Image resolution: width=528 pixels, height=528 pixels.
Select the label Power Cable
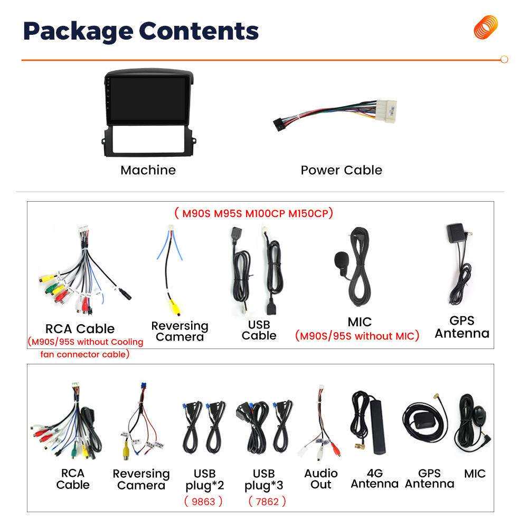click(x=341, y=170)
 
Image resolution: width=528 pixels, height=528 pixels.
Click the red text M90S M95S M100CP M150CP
click(x=253, y=213)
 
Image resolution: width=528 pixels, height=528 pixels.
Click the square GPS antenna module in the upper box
click(x=456, y=233)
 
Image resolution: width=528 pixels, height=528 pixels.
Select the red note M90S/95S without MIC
click(x=357, y=336)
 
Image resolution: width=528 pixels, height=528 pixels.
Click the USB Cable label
click(x=259, y=330)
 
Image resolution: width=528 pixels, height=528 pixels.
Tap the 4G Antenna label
click(x=374, y=478)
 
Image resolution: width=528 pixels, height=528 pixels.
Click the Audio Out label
click(x=320, y=478)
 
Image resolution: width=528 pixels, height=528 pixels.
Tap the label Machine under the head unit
click(x=148, y=170)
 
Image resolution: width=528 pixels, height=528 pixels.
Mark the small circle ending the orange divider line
click(x=504, y=60)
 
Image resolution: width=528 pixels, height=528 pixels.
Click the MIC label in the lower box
click(x=475, y=474)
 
